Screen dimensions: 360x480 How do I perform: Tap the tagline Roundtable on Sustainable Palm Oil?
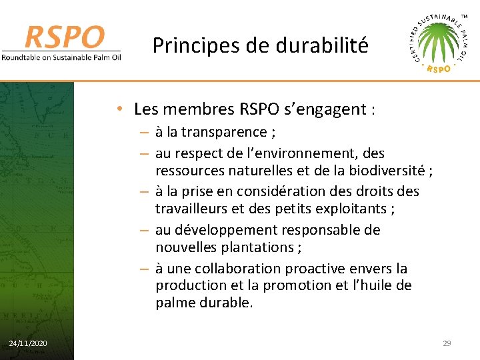tap(61, 57)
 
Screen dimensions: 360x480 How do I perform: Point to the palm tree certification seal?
tap(438, 43)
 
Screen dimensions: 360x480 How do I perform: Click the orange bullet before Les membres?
tap(117, 109)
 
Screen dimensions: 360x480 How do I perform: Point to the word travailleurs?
tap(193, 208)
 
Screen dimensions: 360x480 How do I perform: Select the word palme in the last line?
tap(175, 302)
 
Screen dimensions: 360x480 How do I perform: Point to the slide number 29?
tap(447, 343)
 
